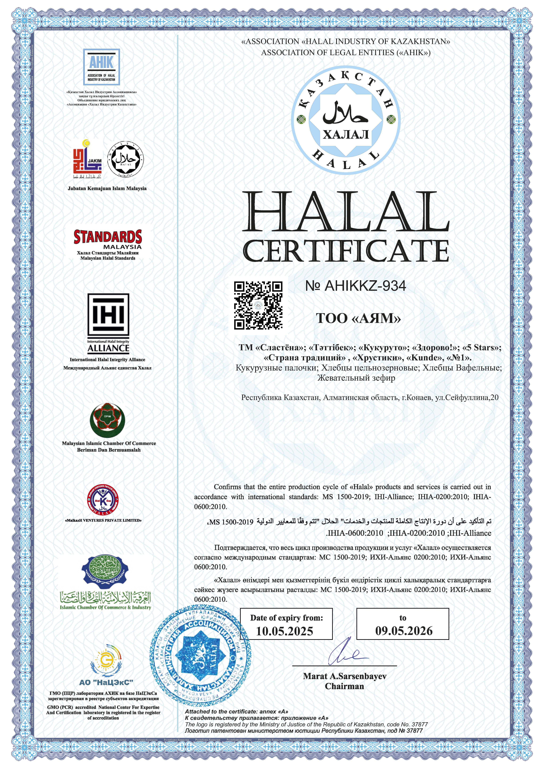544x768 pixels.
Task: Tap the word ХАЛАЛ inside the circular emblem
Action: click(346, 135)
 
